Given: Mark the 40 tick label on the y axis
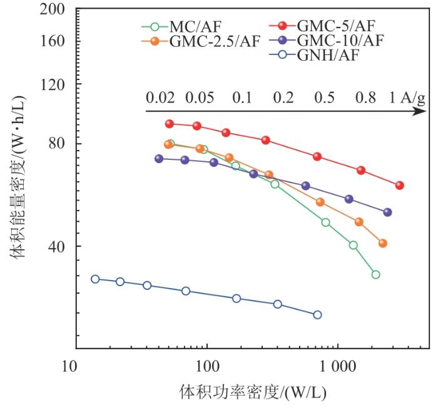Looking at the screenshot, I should pos(58,246).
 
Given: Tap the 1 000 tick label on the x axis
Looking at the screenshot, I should pos(339,366).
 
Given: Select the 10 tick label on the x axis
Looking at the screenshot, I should pos(76,366).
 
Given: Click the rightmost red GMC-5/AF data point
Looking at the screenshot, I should pos(400,185).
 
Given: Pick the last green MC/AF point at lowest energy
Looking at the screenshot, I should pos(375,274).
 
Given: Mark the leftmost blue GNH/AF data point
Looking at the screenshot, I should pos(95,279).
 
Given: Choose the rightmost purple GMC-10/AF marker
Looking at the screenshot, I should pos(387,212).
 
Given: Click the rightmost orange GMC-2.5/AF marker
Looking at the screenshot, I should pos(383,243).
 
